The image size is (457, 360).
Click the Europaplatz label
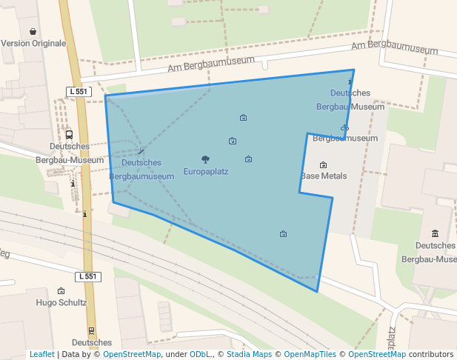(205, 172)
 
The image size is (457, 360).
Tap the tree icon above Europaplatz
(205, 159)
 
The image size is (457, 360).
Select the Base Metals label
(324, 176)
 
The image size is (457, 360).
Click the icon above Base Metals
(323, 164)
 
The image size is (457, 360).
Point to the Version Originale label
(33, 43)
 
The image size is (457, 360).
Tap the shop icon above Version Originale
(33, 31)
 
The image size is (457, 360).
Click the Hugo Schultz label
(61, 302)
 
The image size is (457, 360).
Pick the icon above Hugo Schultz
(61, 291)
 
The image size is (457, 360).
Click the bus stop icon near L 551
(69, 135)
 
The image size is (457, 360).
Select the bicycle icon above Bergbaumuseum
(344, 128)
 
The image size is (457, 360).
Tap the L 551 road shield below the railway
(87, 276)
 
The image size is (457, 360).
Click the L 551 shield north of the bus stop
(78, 91)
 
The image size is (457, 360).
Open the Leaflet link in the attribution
(42, 354)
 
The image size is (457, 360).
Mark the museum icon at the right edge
(435, 234)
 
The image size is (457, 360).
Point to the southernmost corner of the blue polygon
(318, 291)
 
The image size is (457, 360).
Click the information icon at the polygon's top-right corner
(350, 81)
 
